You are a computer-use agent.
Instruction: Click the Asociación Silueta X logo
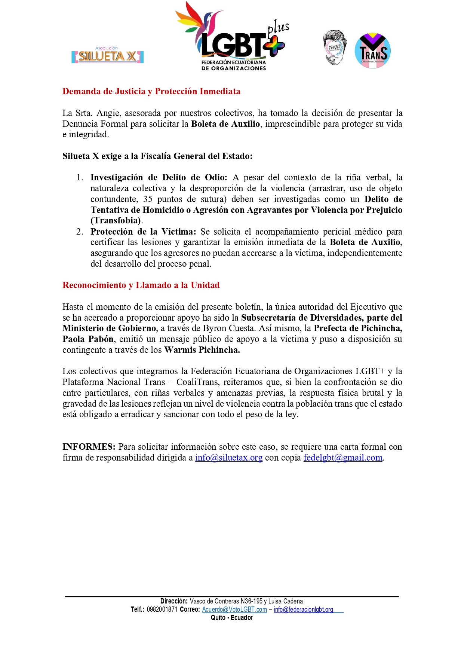(107, 55)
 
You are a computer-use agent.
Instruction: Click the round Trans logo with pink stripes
(372, 51)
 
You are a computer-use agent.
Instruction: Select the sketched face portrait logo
(334, 48)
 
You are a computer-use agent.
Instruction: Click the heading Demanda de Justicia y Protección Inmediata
(151, 92)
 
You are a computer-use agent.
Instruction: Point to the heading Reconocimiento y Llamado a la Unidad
(141, 285)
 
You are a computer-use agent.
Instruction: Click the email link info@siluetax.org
(228, 458)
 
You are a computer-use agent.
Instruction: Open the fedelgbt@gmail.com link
(343, 458)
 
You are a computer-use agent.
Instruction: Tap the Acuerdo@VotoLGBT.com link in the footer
(234, 609)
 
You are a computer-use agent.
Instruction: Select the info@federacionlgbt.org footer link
(303, 609)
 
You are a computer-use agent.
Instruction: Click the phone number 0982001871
(162, 609)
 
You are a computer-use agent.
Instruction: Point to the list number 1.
(79, 177)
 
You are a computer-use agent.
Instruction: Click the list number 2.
(79, 232)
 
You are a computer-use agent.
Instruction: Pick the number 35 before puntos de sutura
(148, 199)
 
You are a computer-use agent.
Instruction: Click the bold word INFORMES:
(89, 447)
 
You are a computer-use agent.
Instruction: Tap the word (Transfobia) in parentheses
(116, 221)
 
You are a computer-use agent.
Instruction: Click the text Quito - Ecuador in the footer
(231, 618)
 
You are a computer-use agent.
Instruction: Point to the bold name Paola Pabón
(88, 339)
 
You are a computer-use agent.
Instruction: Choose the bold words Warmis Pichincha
(202, 350)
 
